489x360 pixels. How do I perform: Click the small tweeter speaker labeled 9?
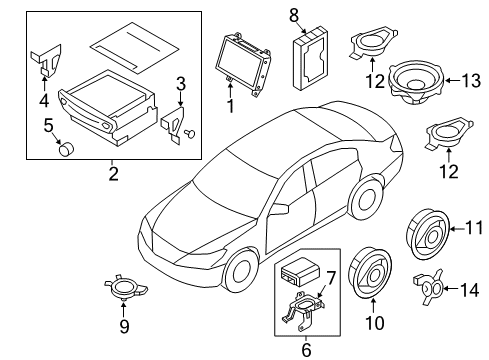(124, 290)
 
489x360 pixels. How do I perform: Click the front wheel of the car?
(239, 272)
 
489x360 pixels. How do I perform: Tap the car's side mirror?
(279, 209)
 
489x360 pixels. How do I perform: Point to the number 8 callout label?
(294, 14)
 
